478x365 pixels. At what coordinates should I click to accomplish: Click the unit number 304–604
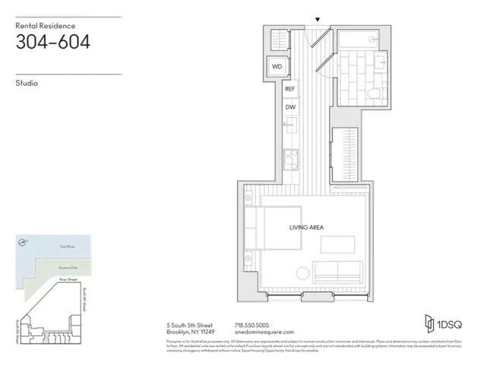(x=53, y=42)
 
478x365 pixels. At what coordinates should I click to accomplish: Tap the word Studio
(x=27, y=83)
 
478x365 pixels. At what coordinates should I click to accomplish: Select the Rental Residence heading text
(x=46, y=25)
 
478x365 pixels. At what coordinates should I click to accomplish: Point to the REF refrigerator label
(x=290, y=89)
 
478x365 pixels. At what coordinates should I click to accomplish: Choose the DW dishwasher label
(x=290, y=107)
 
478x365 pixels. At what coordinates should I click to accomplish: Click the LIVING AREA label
(x=307, y=227)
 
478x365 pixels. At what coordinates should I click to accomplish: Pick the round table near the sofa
(x=302, y=273)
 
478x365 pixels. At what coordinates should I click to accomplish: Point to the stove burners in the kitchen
(x=290, y=159)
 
